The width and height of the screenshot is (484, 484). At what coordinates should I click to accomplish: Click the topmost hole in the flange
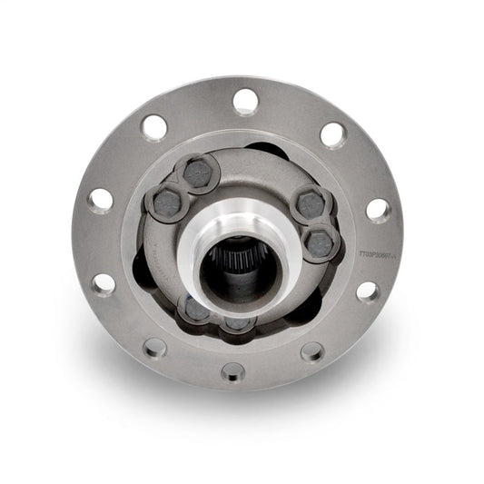point(244,101)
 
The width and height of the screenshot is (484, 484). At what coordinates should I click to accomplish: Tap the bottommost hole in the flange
point(232,370)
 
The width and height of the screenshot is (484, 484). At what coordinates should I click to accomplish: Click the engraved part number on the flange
point(380,255)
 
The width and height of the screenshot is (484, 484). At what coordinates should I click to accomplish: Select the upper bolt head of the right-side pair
point(311,205)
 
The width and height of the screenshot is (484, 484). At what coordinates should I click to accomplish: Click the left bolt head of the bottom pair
point(195,310)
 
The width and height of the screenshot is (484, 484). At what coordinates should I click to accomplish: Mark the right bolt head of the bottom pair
point(238,322)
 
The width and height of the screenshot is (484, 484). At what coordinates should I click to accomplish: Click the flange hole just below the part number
point(367,291)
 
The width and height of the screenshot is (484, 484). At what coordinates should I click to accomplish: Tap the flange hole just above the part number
point(378,209)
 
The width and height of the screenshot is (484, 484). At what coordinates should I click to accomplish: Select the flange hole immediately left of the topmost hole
point(155,127)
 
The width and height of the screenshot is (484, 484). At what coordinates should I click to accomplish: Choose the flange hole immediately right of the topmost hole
point(332,135)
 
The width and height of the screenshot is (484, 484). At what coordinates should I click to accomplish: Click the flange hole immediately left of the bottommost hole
point(155,347)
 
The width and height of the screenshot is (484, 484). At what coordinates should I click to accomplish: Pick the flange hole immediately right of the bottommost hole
point(311,351)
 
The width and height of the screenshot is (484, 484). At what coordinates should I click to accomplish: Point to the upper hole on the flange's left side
point(101,199)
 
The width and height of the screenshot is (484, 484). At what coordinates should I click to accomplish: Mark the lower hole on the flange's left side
point(104,283)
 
